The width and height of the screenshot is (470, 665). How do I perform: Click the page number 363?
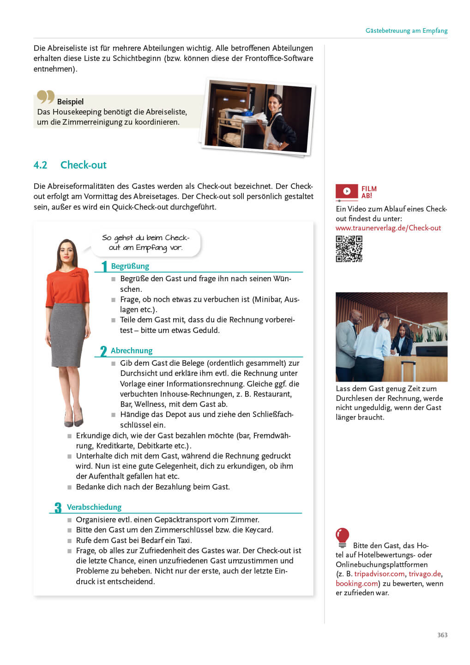442,635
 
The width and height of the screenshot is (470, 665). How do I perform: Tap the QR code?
349,249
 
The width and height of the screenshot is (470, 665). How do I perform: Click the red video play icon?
347,191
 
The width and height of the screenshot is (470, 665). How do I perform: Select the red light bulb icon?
342,537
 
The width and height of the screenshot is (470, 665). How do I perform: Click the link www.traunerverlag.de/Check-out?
388,228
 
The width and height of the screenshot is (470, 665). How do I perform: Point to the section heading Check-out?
83,165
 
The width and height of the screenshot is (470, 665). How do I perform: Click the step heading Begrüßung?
130,266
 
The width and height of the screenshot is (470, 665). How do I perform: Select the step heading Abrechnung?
131,351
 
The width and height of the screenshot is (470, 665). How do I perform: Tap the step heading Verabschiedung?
94,507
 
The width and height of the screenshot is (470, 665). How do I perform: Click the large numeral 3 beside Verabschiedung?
58,508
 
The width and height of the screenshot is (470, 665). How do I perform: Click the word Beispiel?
70,102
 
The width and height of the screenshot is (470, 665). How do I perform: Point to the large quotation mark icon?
45,97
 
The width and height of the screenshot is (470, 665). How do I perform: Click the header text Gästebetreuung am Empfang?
406,30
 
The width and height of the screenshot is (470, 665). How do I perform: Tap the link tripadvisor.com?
379,574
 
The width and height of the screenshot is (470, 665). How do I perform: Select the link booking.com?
357,583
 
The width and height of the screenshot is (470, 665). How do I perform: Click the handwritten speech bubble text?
145,242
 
